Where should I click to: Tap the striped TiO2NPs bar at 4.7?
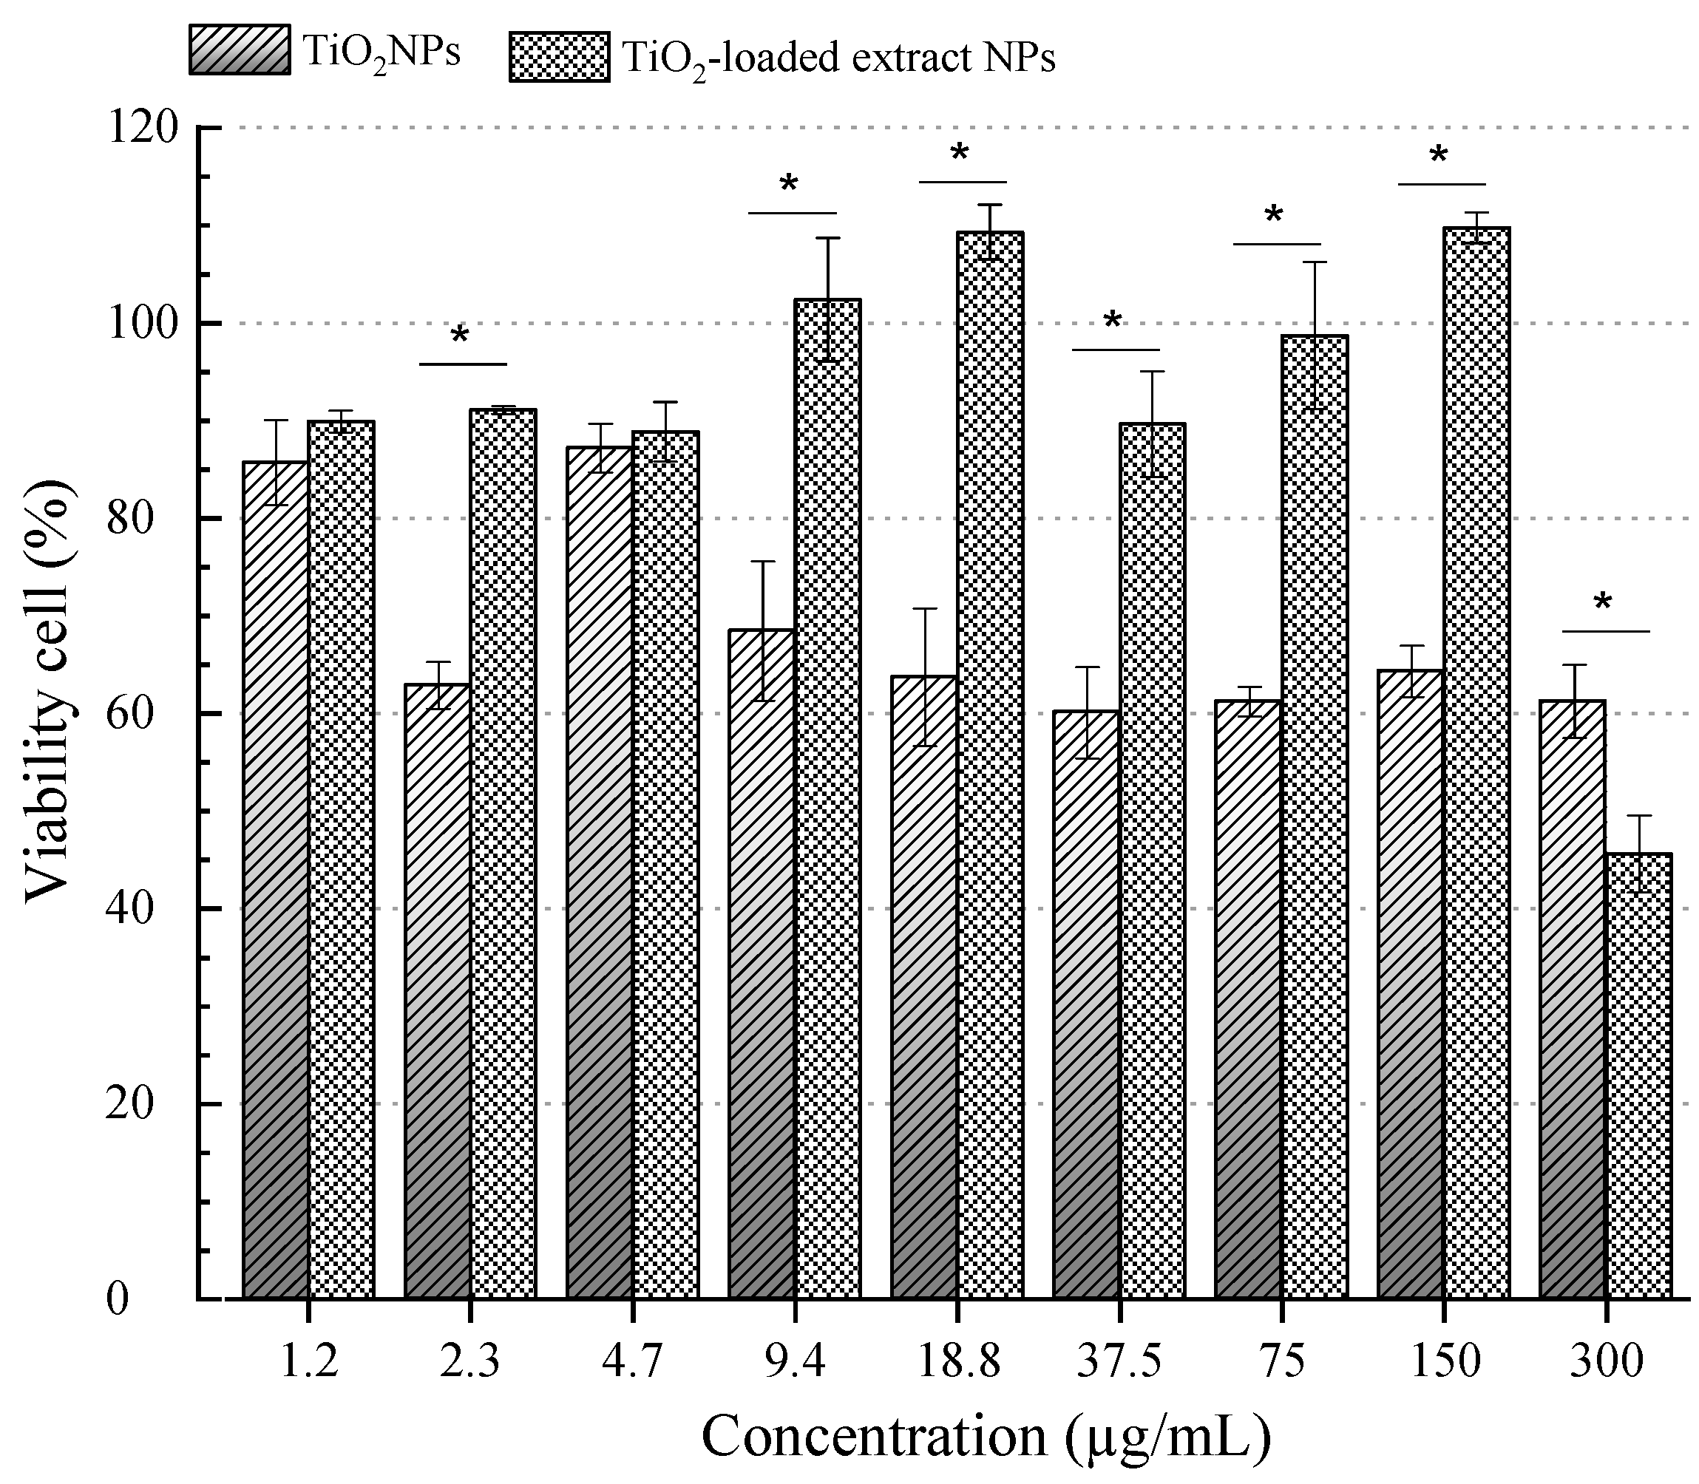600,911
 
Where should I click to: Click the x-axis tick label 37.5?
1119,1361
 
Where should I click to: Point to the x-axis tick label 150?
1444,1361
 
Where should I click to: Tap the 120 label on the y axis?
143,128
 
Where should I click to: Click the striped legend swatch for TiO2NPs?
240,50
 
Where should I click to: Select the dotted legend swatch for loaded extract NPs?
559,57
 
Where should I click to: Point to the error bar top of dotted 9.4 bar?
827,239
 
